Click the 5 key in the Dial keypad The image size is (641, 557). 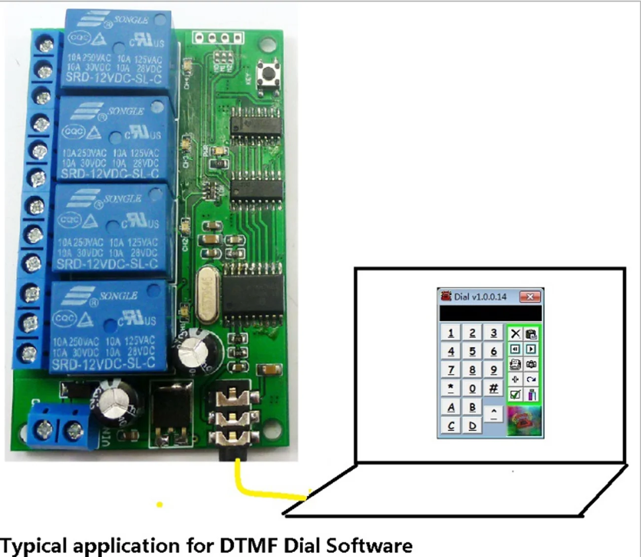coord(472,351)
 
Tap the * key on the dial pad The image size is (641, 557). coord(451,388)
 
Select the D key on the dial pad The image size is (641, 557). coord(472,425)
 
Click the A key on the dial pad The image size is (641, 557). coord(451,407)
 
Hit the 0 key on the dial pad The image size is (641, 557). coord(472,388)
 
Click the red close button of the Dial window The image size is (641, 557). coord(530,297)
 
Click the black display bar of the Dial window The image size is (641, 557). coord(490,313)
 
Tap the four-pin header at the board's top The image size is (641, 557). coord(218,37)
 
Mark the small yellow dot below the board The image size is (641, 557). coord(159,505)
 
